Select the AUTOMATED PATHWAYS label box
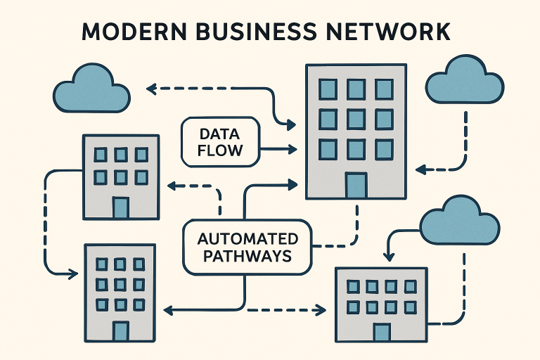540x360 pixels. point(246,247)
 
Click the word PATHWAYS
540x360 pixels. point(246,257)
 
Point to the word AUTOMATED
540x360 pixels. point(246,238)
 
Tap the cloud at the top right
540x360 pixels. point(465,82)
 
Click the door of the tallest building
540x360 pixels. point(356,184)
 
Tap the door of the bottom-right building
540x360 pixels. point(382,331)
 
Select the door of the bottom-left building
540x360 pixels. point(120,330)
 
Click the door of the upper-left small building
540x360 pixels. point(120,207)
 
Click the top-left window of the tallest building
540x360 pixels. point(328,89)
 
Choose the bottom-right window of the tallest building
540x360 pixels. point(384,149)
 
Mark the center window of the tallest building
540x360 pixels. point(356,119)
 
